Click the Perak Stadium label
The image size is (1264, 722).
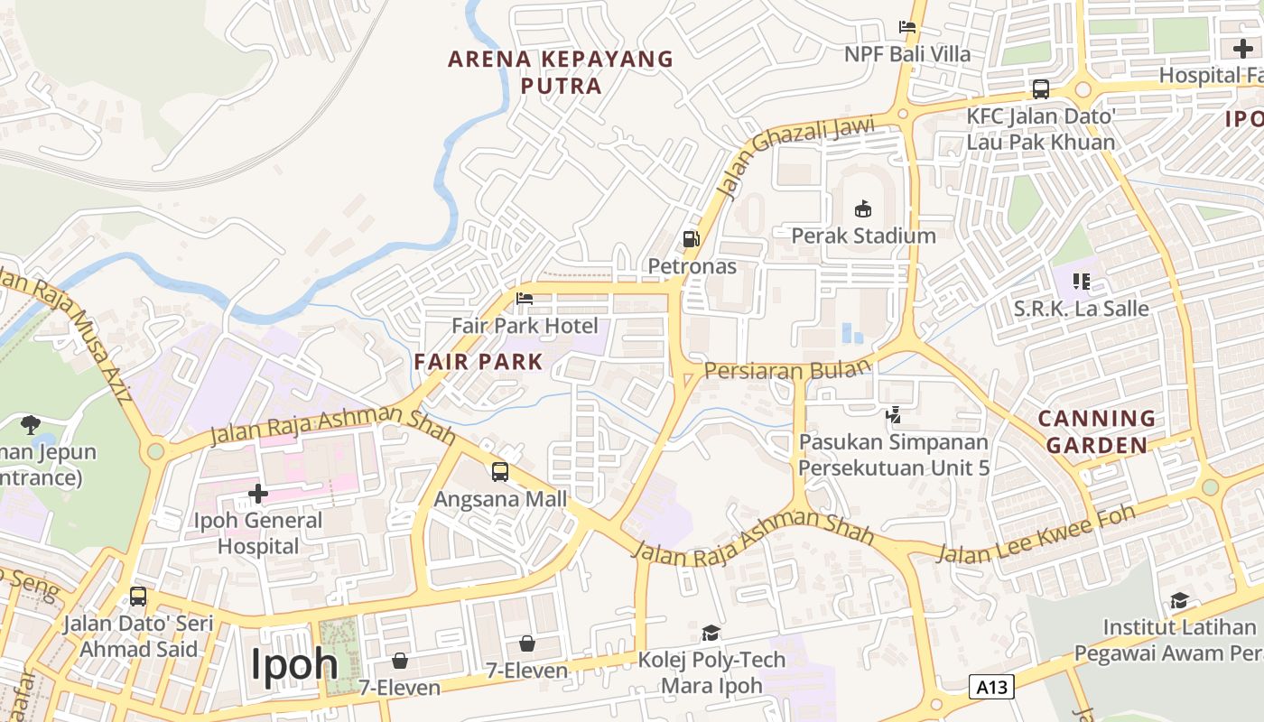pos(863,236)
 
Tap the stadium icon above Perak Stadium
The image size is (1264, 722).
pos(863,209)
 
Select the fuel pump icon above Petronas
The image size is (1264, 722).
pos(692,239)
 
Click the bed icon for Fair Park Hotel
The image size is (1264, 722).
pos(524,299)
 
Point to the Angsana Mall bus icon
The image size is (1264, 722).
pos(499,471)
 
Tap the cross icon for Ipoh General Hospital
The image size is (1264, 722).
pos(258,494)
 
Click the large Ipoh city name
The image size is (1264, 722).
pos(294,664)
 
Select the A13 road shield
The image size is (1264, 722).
pos(992,687)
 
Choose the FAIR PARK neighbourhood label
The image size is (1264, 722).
pos(479,362)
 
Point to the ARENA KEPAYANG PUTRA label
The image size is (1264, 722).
pos(561,72)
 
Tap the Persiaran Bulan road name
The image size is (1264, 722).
pos(787,369)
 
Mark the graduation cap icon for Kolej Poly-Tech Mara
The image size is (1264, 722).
pos(711,633)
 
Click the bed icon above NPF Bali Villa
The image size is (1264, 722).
pos(907,27)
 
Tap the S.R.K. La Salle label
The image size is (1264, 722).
pos(1081,309)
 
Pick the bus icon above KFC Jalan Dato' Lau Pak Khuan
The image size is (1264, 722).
pos(1041,89)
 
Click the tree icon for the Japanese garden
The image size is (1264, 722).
pos(31,424)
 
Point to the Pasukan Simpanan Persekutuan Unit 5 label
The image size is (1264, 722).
pos(894,455)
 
